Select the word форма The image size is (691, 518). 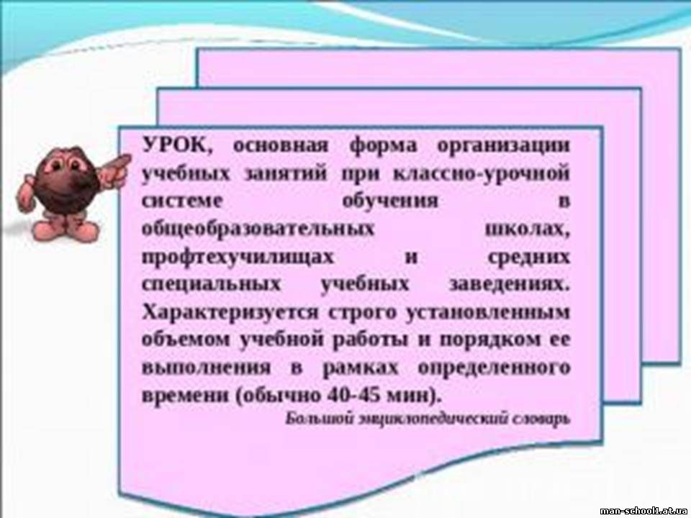(x=382, y=145)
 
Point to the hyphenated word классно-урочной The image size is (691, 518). (x=481, y=173)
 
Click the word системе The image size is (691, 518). (x=181, y=201)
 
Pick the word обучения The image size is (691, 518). (x=390, y=201)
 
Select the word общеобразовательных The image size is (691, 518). (x=258, y=229)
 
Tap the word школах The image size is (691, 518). (x=527, y=229)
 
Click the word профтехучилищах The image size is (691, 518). (x=238, y=257)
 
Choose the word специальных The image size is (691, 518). (x=212, y=285)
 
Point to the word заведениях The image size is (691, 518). (x=509, y=284)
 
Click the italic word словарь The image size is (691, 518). (x=541, y=419)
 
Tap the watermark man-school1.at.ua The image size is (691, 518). (x=643, y=511)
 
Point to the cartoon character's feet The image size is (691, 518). (x=66, y=230)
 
